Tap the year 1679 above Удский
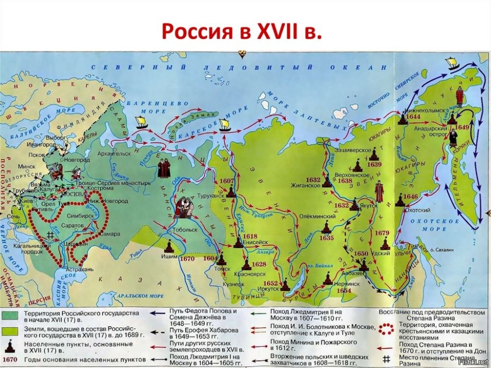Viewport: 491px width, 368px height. pos(382,234)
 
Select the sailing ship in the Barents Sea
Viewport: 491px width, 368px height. pos(141,121)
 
